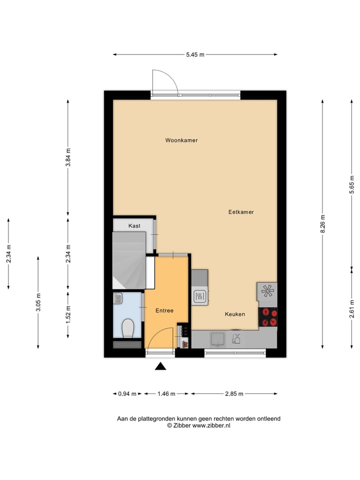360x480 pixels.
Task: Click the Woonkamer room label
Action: point(181,140)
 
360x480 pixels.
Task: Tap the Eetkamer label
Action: point(241,212)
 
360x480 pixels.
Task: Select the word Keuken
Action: point(234,314)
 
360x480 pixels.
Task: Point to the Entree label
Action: point(164,310)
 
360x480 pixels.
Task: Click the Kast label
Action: point(134,226)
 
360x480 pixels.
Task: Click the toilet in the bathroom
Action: point(128,328)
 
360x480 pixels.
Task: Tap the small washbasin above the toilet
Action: point(117,298)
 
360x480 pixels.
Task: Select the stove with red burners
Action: point(267,317)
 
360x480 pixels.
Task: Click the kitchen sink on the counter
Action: point(218,339)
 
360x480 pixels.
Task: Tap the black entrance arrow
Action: point(160,366)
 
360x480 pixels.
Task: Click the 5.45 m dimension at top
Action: point(195,54)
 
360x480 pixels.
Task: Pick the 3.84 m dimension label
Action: point(68,157)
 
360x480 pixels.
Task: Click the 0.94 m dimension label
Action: point(127,393)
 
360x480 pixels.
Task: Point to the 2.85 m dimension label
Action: point(233,393)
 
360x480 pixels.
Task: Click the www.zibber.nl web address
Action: point(211,425)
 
